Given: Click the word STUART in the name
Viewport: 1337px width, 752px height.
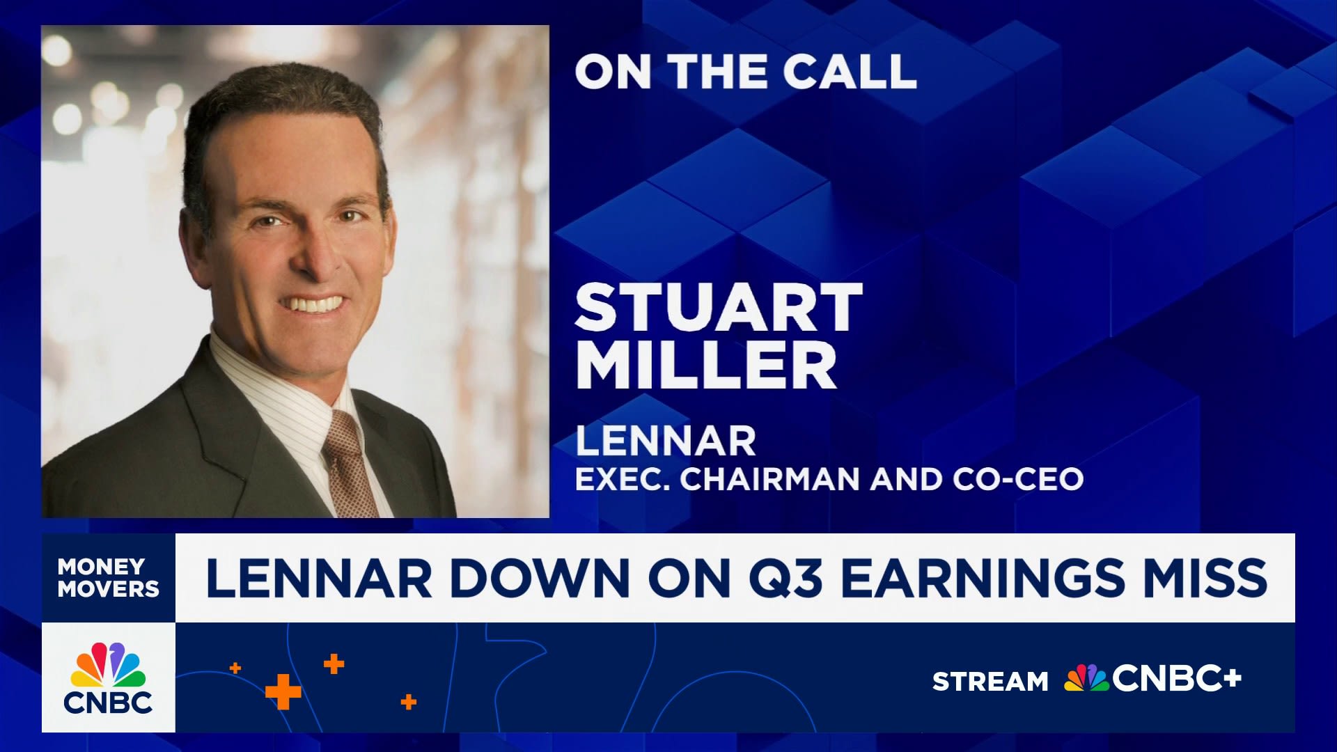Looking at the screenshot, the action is [719, 307].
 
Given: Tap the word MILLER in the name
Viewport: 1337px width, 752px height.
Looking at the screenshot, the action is [706, 364].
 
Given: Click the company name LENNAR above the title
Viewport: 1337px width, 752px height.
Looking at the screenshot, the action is [666, 441].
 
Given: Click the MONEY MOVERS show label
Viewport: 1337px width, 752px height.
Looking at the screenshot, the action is [108, 577].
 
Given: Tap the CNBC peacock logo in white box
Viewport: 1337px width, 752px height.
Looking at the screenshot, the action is [108, 677].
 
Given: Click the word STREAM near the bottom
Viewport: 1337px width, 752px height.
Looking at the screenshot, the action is [990, 681].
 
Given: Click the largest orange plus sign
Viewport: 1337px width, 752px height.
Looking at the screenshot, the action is [283, 692].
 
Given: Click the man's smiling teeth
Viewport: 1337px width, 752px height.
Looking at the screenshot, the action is [315, 304].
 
